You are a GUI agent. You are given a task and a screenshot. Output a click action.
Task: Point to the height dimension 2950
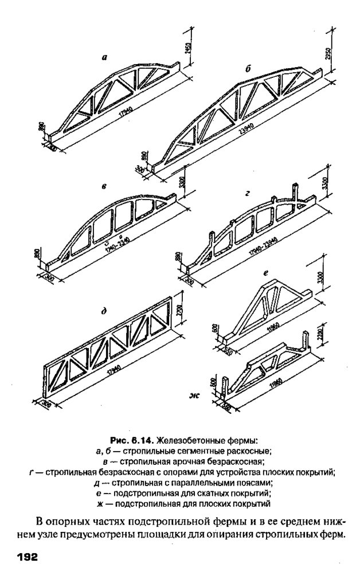click(328, 52)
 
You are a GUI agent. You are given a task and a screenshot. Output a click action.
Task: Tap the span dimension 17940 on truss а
click(121, 114)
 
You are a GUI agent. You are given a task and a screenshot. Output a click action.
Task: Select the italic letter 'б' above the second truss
click(248, 69)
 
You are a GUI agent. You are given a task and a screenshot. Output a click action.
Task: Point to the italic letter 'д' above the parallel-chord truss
click(104, 312)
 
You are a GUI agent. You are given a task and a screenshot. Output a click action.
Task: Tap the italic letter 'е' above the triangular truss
click(266, 274)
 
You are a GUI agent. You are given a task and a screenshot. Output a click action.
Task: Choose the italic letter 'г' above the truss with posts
click(247, 194)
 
